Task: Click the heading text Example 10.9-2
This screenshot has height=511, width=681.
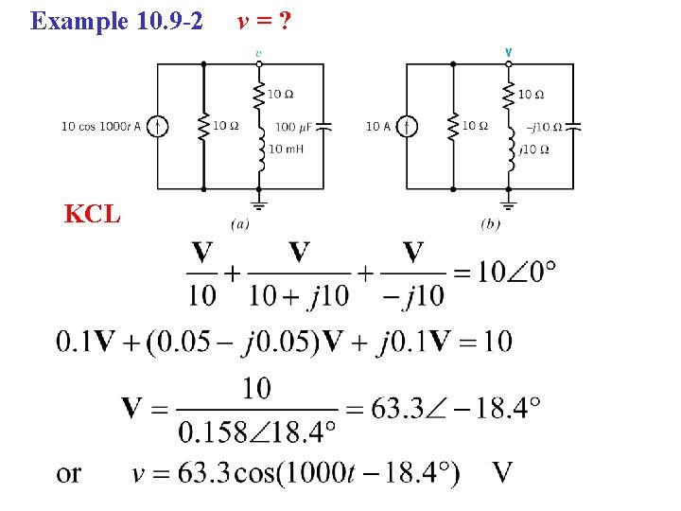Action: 116,20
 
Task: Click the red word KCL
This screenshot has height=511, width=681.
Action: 92,214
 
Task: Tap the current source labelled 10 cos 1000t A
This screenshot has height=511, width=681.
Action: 159,126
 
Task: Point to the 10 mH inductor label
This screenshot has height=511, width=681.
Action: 285,149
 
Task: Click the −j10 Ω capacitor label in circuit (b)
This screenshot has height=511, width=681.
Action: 545,127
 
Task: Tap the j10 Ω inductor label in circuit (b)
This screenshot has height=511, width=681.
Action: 535,149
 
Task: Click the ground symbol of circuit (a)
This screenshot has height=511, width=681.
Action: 259,203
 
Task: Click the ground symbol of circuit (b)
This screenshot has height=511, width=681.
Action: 509,203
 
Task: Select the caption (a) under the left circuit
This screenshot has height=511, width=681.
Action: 240,224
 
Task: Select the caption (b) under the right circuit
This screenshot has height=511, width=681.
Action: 490,224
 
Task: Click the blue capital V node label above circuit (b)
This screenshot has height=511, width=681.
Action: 509,52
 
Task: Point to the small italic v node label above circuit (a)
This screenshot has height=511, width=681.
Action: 259,52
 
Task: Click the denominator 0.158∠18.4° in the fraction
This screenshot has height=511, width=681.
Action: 256,432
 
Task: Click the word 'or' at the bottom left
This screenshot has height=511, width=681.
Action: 69,473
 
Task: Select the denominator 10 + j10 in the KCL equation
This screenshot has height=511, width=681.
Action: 299,295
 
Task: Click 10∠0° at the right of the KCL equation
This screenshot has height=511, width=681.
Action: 515,272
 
